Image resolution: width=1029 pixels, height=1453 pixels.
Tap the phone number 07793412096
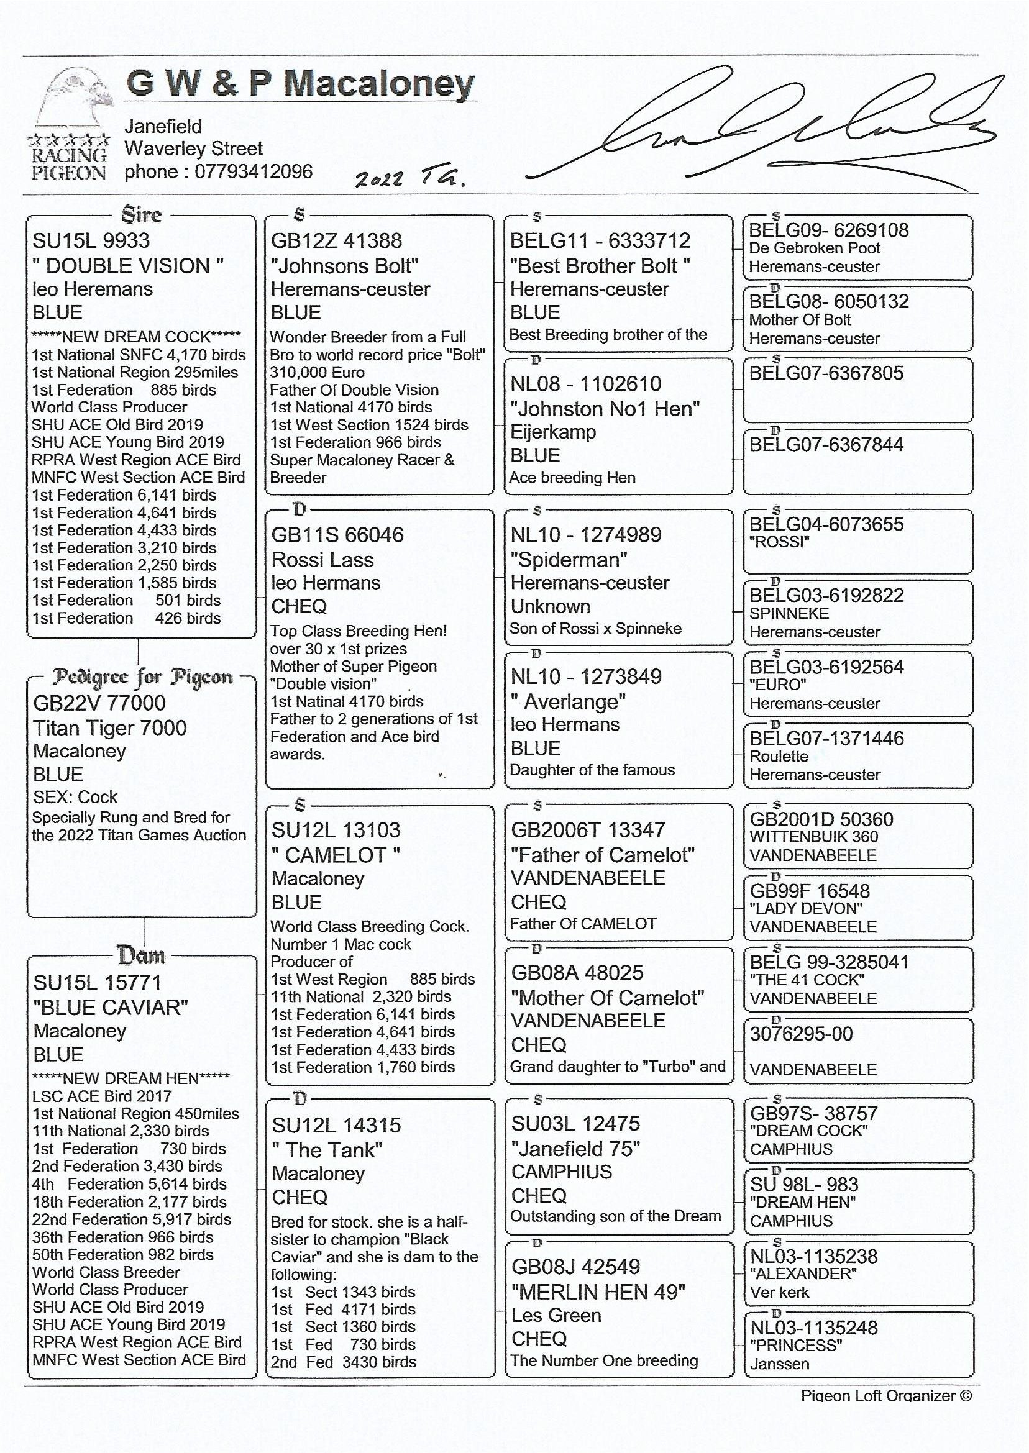253,171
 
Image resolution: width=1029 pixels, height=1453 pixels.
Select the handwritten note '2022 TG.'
410,180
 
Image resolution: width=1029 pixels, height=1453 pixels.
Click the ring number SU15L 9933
91,240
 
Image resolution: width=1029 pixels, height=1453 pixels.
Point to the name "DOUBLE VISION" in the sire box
128,265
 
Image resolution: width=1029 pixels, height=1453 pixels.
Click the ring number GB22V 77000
99,703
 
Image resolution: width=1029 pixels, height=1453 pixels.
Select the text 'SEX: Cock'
75,797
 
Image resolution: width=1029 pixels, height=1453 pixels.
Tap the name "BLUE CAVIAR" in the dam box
111,1008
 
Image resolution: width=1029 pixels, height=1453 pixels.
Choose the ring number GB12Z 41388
336,240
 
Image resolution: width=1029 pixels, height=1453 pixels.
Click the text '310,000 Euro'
317,373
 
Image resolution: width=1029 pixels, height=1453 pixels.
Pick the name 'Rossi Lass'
322,560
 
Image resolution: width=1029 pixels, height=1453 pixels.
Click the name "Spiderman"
569,560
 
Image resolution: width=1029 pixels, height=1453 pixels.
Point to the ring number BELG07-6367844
826,445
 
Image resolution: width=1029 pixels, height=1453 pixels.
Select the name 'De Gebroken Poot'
815,248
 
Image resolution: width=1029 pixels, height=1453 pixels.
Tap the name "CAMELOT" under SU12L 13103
336,855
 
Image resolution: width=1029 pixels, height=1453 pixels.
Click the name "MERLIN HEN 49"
598,1292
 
